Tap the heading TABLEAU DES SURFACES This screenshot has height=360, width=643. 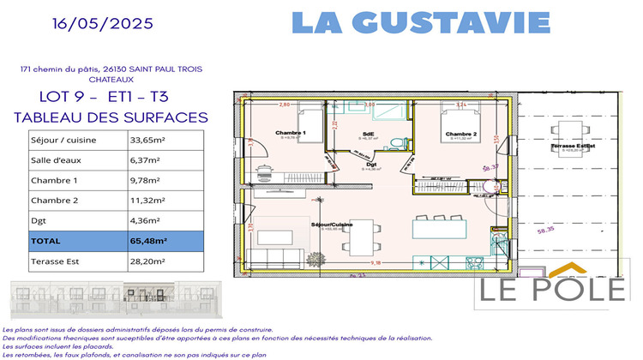click(111, 117)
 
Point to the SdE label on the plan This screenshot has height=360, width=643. click(368, 134)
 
